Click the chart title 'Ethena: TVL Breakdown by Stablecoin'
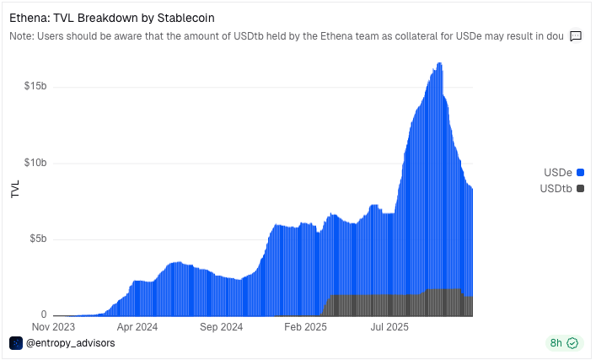[112, 18]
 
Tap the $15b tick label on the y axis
[35, 86]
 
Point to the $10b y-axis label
[35, 163]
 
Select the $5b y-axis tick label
[38, 239]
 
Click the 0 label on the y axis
[44, 314]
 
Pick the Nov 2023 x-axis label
[53, 327]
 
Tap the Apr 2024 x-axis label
[137, 327]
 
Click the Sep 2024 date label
[221, 327]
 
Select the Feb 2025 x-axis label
[306, 327]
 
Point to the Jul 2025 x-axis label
[389, 327]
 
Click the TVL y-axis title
[15, 189]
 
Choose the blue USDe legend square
[580, 173]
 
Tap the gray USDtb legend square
[580, 189]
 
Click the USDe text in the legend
[557, 173]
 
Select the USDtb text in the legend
[556, 189]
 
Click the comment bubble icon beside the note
[576, 36]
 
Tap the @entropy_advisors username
[70, 343]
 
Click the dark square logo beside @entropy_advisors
[16, 343]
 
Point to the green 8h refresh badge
[565, 343]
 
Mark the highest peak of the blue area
[439, 62]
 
